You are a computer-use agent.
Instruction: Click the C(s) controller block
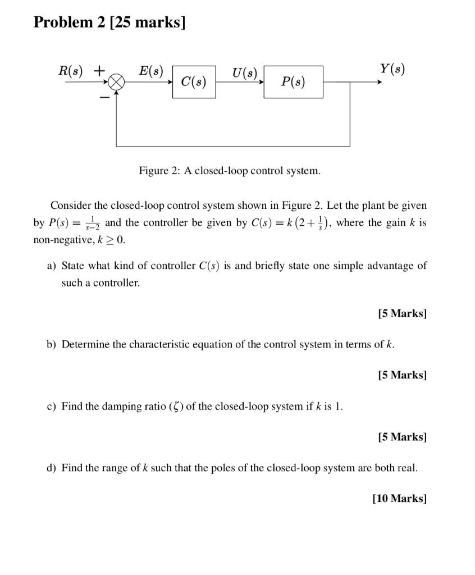tap(194, 82)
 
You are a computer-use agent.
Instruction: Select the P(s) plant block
tap(293, 82)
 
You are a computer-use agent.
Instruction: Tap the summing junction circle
tap(116, 83)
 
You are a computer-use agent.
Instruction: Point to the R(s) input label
tap(71, 71)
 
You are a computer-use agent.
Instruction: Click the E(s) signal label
tap(150, 71)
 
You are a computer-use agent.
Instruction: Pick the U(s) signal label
tap(244, 72)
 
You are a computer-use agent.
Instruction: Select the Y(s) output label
tap(392, 69)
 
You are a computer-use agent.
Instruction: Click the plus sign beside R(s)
tap(99, 71)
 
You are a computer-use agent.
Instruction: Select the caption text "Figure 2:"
tap(158, 170)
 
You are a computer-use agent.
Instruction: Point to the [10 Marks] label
tap(399, 498)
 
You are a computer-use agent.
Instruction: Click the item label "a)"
tap(52, 266)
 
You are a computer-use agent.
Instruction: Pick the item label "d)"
tap(52, 468)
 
